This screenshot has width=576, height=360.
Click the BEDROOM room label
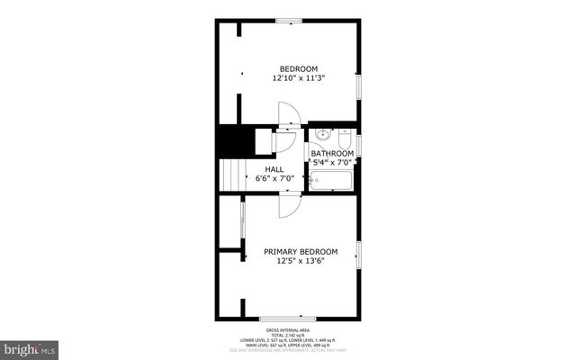click(x=298, y=69)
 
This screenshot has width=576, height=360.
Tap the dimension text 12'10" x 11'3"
click(x=298, y=78)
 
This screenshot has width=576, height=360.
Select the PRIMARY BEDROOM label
click(x=300, y=252)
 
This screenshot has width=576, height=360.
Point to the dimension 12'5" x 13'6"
click(x=300, y=262)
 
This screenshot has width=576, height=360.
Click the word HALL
click(x=274, y=169)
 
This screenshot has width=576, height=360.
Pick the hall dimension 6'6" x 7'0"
click(x=274, y=179)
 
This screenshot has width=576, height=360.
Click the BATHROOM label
click(x=331, y=154)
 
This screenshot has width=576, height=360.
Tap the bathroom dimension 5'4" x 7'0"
click(x=331, y=163)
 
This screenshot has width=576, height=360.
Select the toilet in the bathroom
click(x=343, y=139)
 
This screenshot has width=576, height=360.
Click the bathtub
click(x=329, y=181)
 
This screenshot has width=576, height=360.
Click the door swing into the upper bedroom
click(x=287, y=114)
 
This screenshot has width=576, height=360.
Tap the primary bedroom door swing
click(x=288, y=206)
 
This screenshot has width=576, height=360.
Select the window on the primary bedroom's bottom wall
click(x=288, y=318)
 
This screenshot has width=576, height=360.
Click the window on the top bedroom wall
click(x=288, y=21)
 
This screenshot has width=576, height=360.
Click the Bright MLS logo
click(x=30, y=346)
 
